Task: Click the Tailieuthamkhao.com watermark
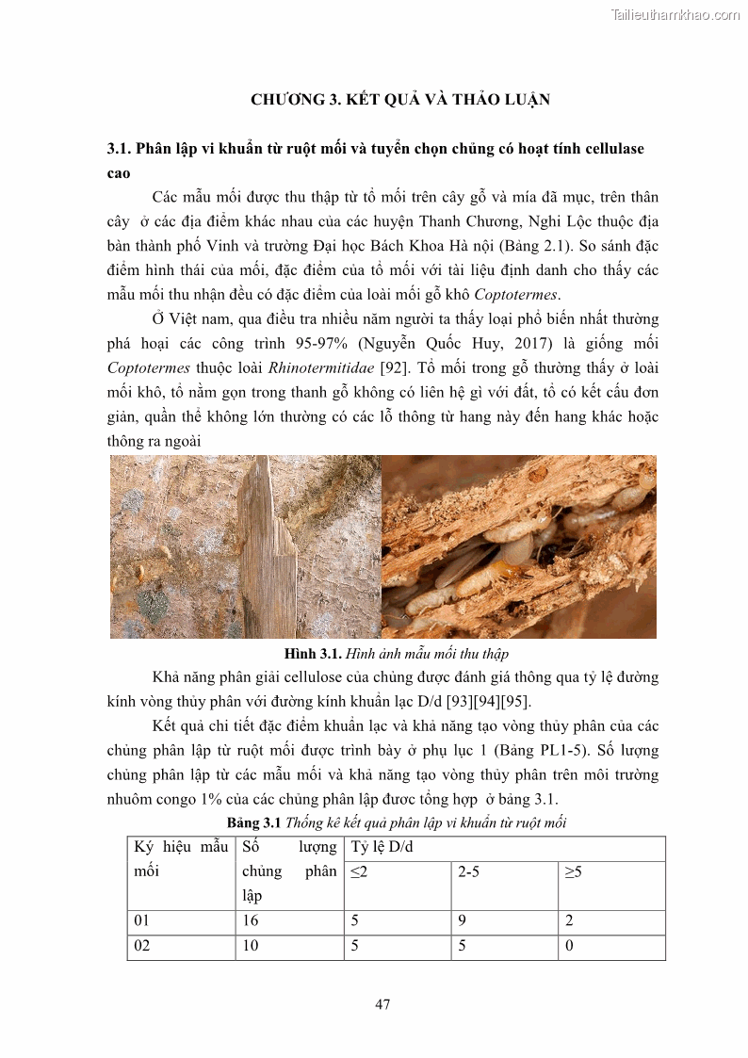675,14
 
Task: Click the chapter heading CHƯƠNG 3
291,99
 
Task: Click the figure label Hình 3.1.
313,653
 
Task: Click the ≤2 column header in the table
359,872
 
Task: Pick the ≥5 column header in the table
573,872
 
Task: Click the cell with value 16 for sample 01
251,921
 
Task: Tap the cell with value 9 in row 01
462,921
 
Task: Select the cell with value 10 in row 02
251,946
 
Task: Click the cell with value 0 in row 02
568,946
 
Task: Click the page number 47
382,1004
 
